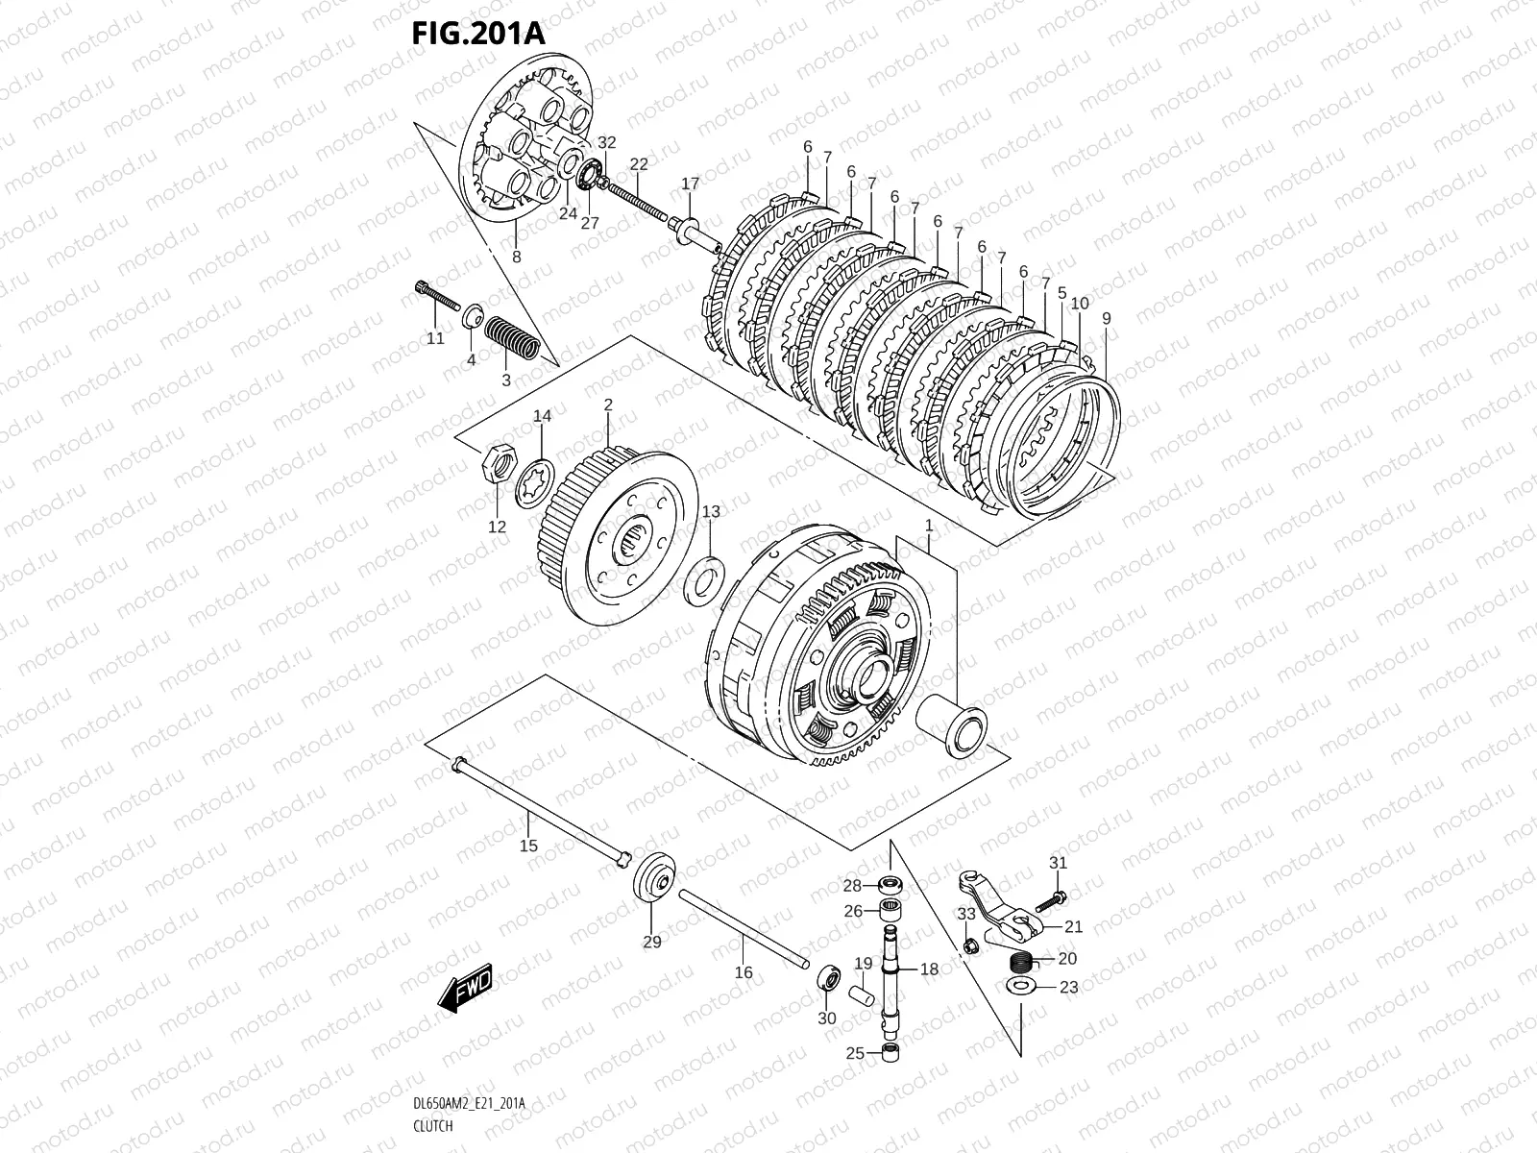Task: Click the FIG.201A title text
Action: pyautogui.click(x=477, y=33)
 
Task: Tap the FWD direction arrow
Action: pyautogui.click(x=466, y=988)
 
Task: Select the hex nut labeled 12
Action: pyautogui.click(x=496, y=459)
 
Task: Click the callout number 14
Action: pyautogui.click(x=543, y=416)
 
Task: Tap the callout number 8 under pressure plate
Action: pyautogui.click(x=516, y=257)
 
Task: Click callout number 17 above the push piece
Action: pyautogui.click(x=690, y=184)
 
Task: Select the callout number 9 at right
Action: pyautogui.click(x=1107, y=318)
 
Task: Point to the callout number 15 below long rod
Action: pyautogui.click(x=528, y=846)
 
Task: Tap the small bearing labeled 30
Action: pyautogui.click(x=828, y=980)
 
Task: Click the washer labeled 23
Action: pyautogui.click(x=1020, y=987)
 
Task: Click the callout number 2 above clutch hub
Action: pyautogui.click(x=608, y=405)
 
